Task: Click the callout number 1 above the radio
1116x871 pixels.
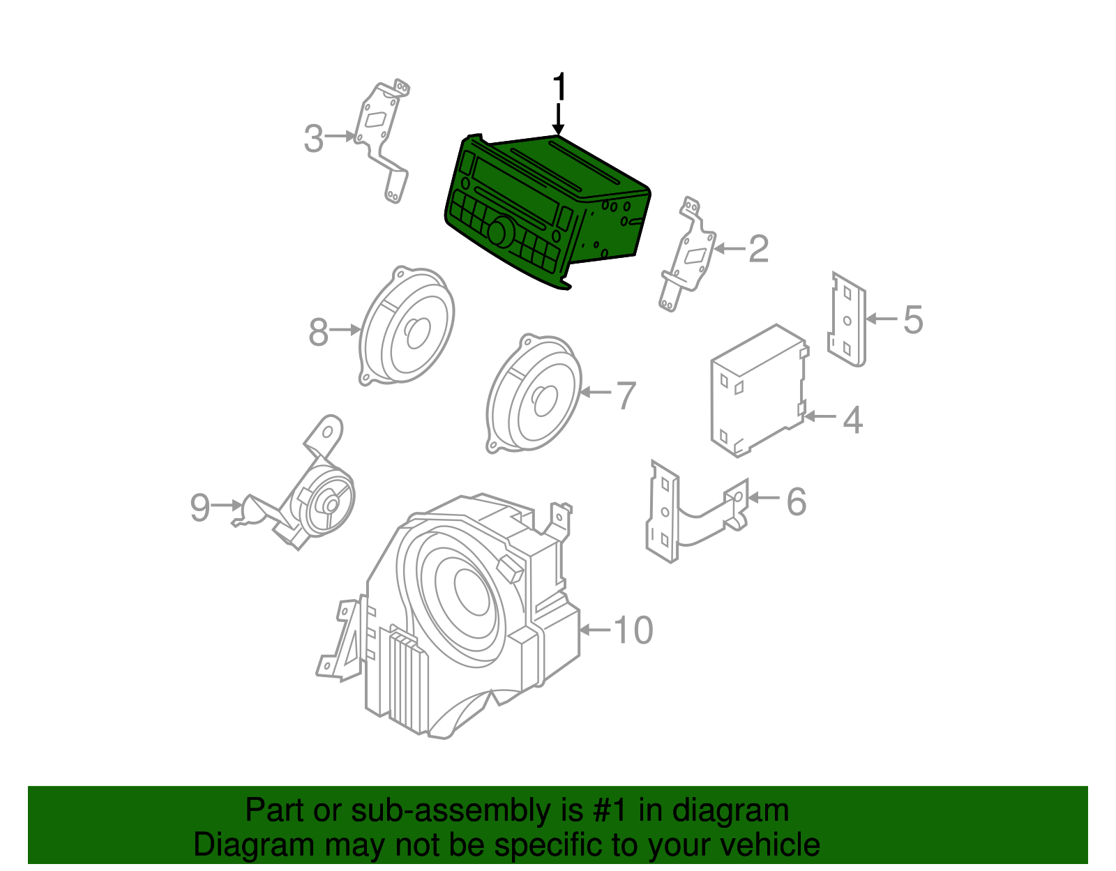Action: tap(559, 89)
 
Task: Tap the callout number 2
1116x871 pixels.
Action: tap(758, 249)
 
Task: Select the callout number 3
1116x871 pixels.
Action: tap(314, 139)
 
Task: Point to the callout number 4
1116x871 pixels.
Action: tap(852, 420)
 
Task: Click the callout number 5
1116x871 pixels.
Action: tap(912, 319)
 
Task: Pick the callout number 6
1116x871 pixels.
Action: tap(796, 501)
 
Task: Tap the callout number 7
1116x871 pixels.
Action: tap(626, 395)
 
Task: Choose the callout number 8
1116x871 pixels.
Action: tap(318, 332)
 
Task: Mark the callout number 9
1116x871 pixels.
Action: tap(199, 507)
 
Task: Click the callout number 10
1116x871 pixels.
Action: tap(633, 630)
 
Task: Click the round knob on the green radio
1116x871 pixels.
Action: tap(500, 232)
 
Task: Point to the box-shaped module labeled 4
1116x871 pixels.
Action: tap(757, 391)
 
